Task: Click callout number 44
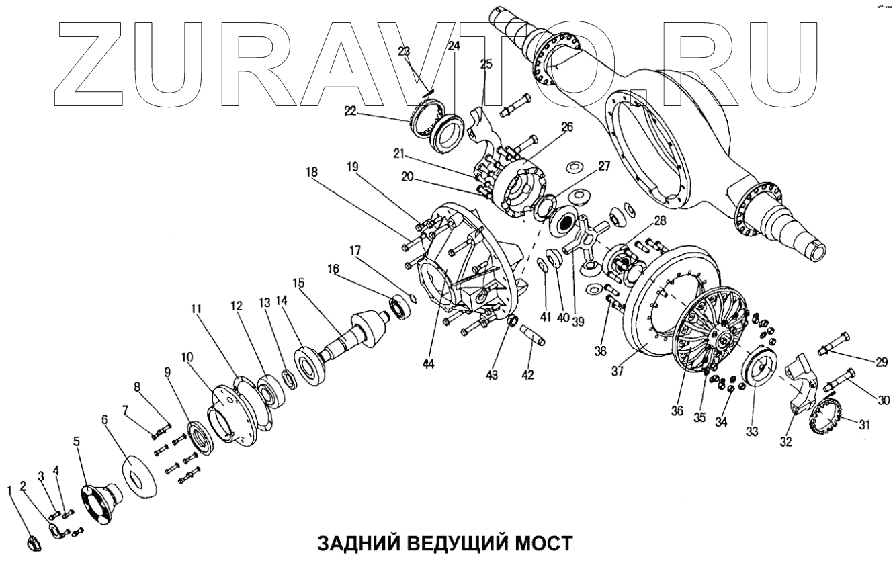[428, 365]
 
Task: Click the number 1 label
[9, 490]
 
